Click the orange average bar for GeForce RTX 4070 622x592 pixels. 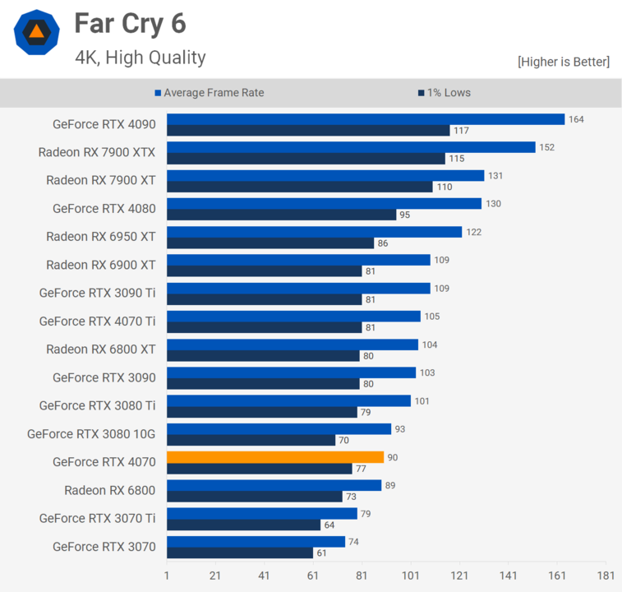pos(275,457)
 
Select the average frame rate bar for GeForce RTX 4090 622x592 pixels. pos(366,119)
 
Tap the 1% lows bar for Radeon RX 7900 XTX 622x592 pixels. pos(306,159)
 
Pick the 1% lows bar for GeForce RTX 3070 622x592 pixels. pos(240,553)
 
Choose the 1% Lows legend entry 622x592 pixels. pos(445,93)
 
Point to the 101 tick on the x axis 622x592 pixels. pos(411,576)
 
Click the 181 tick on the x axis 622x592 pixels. pos(606,576)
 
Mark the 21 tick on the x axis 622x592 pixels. pos(215,576)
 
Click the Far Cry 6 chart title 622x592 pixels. pos(131,24)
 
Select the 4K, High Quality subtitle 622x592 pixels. pos(141,57)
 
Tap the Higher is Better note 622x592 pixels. pos(564,62)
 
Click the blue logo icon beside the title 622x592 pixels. pos(36,32)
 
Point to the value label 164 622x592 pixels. pos(576,119)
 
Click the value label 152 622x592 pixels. pos(546,147)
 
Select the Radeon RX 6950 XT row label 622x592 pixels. pos(100,236)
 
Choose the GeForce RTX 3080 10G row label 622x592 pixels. pos(91,433)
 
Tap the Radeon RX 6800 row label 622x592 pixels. pos(110,490)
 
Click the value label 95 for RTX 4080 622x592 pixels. pos(404,215)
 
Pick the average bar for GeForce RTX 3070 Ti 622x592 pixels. pos(262,513)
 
